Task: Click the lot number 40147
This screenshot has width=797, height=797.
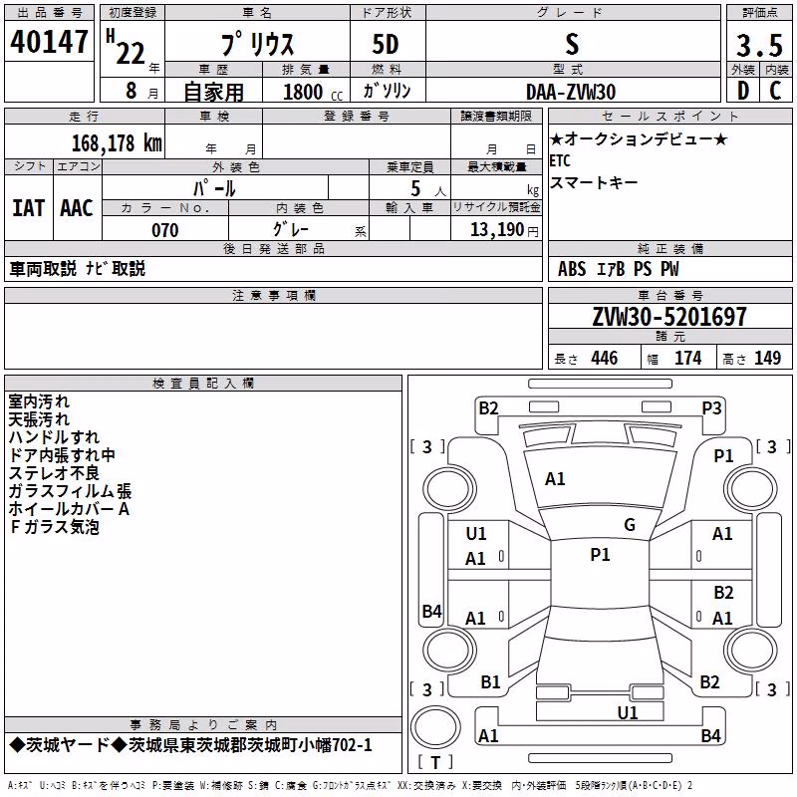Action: point(49,42)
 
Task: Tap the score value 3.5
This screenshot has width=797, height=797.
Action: point(759,46)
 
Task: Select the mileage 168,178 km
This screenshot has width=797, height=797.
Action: point(117,142)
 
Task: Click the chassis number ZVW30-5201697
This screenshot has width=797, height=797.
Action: point(669,316)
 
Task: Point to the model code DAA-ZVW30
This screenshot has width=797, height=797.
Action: point(571,92)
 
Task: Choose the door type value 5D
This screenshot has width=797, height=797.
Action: point(386,45)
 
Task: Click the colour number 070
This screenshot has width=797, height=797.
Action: point(165,230)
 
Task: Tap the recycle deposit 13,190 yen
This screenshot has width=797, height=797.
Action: point(504,230)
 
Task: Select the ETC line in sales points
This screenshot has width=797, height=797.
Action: point(560,160)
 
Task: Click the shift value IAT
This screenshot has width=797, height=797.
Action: point(28,208)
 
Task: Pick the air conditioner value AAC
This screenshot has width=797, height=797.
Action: point(77,208)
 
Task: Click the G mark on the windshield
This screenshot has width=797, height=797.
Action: point(630,525)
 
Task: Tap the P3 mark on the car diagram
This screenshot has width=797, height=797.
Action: point(711,408)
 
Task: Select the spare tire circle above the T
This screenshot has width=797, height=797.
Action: point(435,727)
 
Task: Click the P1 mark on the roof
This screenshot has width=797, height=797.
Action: point(600,555)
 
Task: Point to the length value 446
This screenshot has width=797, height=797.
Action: point(605,358)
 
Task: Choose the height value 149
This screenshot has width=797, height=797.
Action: point(767,358)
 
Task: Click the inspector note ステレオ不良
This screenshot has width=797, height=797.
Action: point(54,473)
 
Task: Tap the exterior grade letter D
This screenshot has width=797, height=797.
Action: point(743,91)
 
